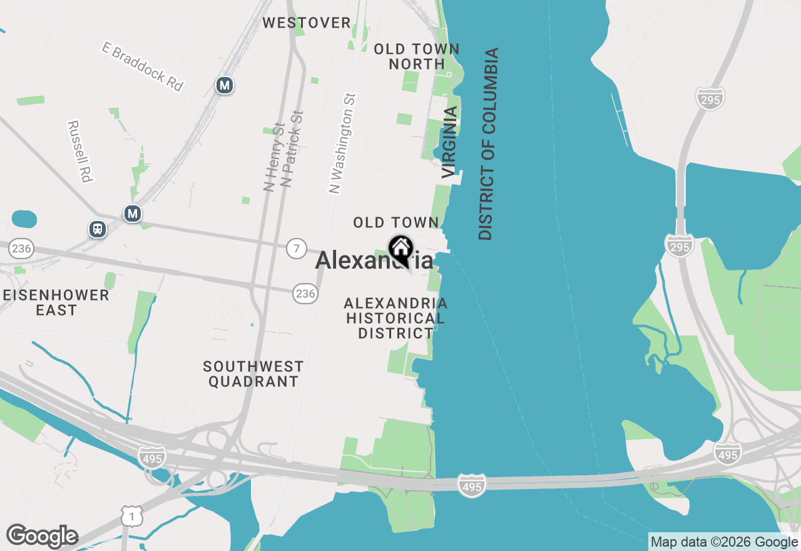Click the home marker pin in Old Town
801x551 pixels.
point(400,249)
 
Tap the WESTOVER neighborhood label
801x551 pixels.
point(307,23)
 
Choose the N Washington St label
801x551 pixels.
point(343,143)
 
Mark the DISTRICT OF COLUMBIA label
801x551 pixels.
point(488,144)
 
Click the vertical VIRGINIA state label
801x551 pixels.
point(449,142)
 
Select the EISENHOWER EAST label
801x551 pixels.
point(56,302)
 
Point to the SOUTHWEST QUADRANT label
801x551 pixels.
point(253,374)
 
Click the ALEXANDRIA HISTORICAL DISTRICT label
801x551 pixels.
point(395,319)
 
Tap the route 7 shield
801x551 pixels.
point(297,248)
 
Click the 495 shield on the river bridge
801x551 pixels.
point(471,485)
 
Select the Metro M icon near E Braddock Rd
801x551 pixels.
point(224,85)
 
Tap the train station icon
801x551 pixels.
point(98,229)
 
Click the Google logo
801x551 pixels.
point(42,537)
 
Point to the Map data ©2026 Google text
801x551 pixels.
point(724,542)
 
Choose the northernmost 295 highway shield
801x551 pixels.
point(710,98)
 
